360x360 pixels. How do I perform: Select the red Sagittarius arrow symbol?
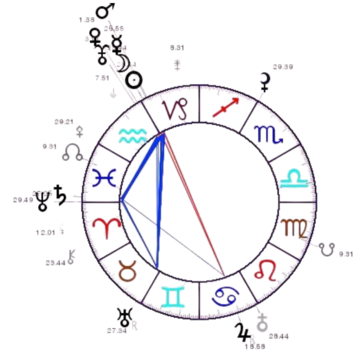[x=226, y=108]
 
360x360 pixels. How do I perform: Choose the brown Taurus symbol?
[x=127, y=270]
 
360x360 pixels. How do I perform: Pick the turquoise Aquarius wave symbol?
[x=132, y=135]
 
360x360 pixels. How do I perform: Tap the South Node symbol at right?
[x=327, y=250]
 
